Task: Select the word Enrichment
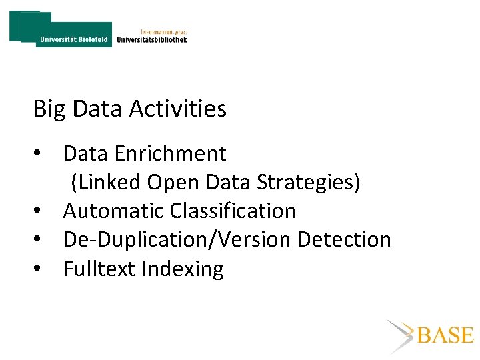tap(170, 153)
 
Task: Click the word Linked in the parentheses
tap(107, 182)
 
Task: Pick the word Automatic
tap(114, 211)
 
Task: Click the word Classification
tap(233, 211)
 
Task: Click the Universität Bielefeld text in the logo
tap(73, 40)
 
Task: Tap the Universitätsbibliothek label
tap(152, 39)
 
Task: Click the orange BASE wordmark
tap(445, 335)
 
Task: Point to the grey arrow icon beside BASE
tap(401, 335)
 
